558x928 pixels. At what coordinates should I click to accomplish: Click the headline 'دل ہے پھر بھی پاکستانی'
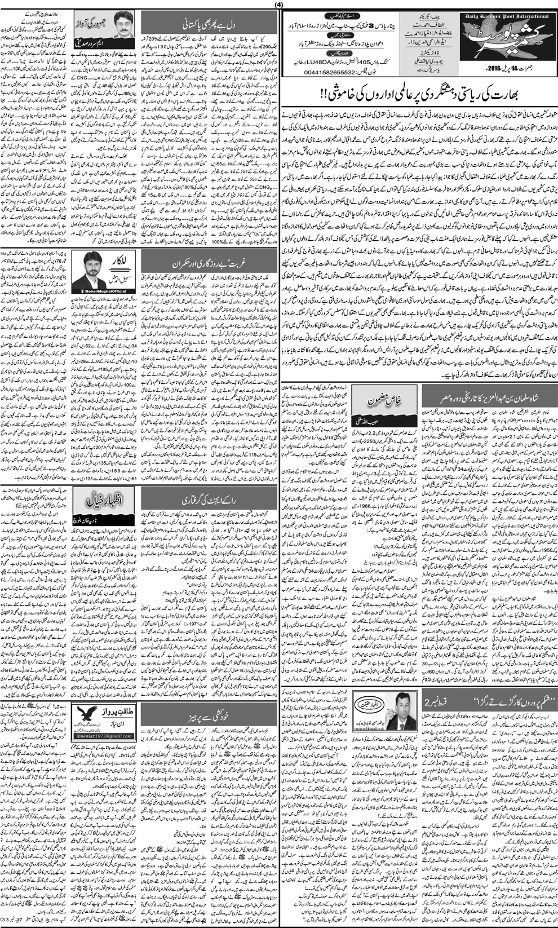(x=209, y=26)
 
